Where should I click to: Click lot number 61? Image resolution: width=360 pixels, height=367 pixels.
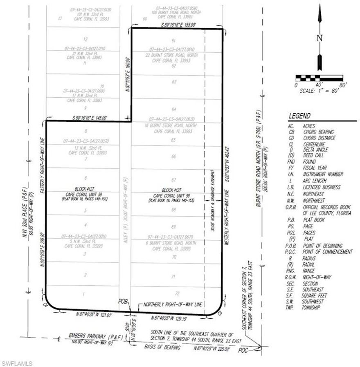(174, 40)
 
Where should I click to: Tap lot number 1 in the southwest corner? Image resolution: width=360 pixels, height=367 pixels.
(84, 294)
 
